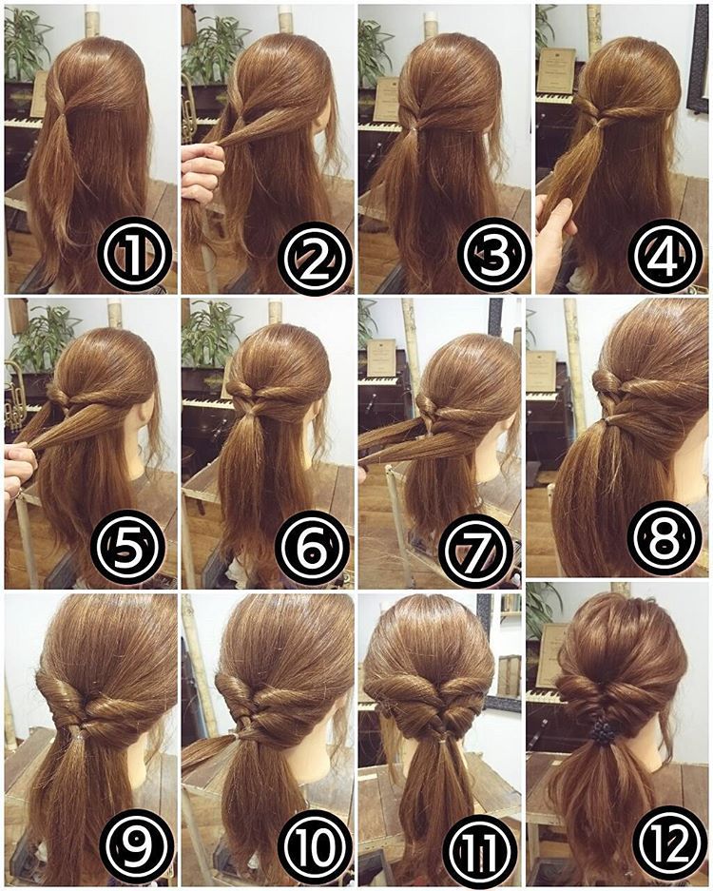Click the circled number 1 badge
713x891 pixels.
[134, 255]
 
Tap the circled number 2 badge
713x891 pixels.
[316, 259]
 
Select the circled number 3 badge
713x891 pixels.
[493, 255]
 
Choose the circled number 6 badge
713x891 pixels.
[312, 548]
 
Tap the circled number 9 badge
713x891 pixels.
[138, 846]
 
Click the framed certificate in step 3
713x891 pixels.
[387, 99]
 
